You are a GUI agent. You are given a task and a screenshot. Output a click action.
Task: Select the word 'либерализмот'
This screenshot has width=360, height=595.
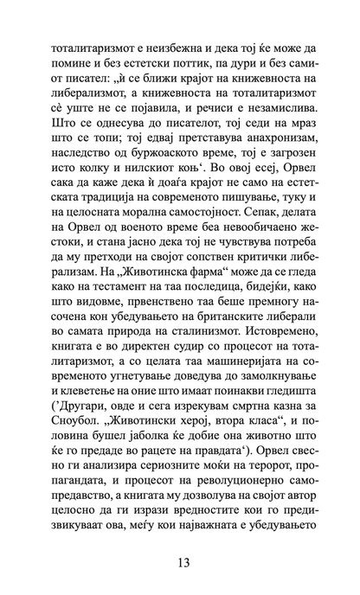click(x=94, y=90)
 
